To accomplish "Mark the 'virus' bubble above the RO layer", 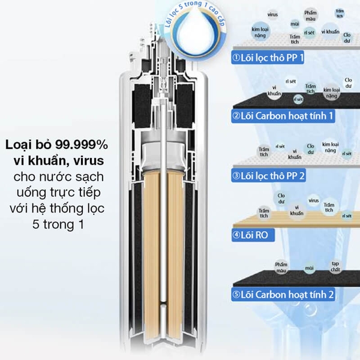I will click(x=313, y=200).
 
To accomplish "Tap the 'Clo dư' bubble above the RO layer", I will click(x=281, y=197).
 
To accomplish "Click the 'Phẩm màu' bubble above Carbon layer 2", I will click(x=281, y=266).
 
